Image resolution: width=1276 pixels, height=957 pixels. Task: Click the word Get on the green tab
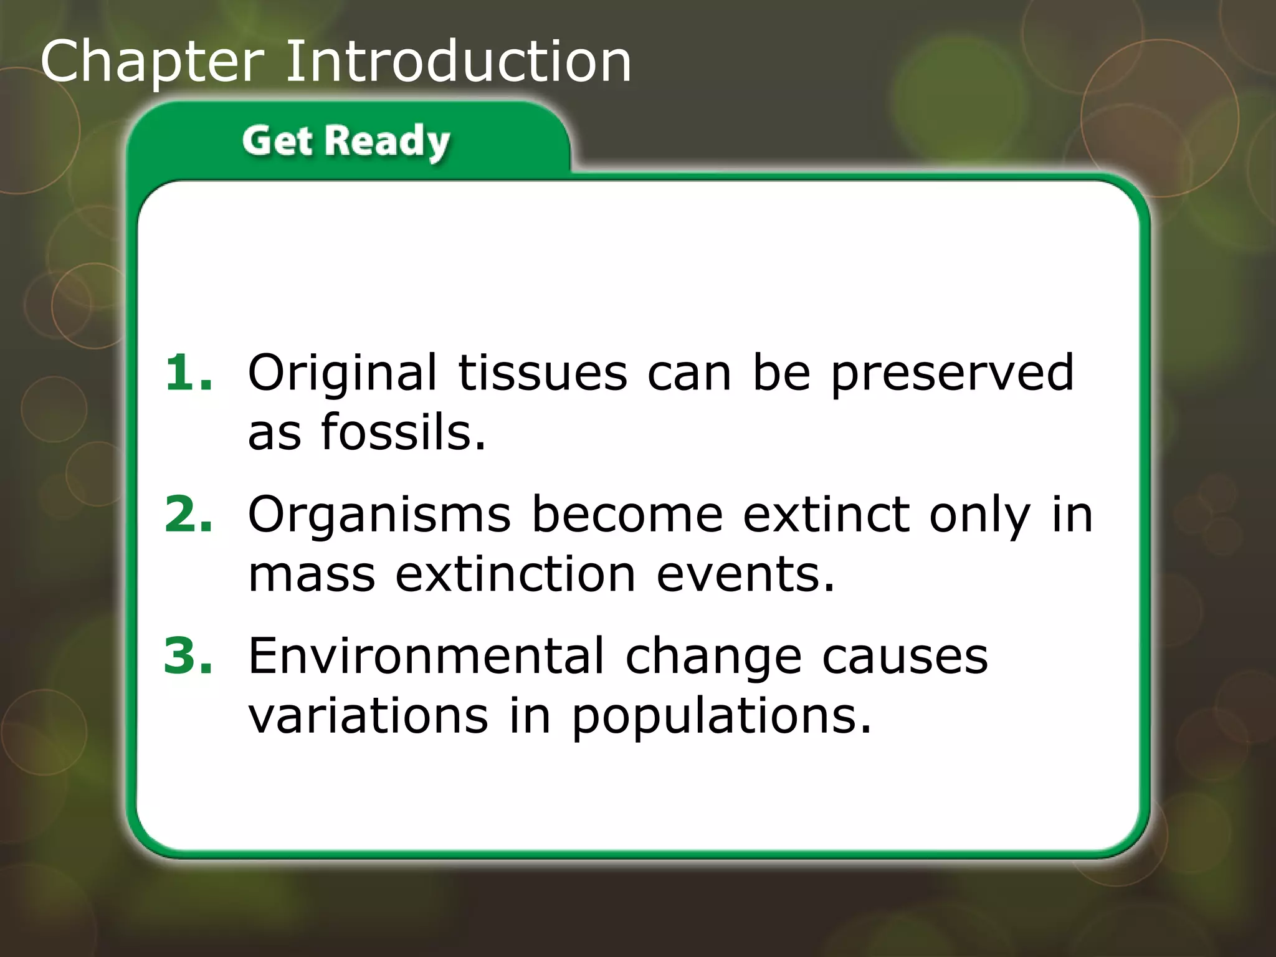[277, 140]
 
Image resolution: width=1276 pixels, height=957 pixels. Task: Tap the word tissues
[542, 373]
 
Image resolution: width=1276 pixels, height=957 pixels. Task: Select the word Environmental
[426, 655]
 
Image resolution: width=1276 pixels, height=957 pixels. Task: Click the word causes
[905, 657]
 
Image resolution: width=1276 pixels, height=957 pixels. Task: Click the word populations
[721, 717]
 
